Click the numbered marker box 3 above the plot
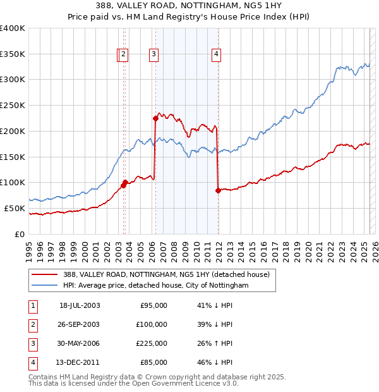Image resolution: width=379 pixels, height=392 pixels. (x=153, y=55)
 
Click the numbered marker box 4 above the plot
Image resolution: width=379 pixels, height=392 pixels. (x=216, y=55)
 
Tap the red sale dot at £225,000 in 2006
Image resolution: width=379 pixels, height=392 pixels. (x=155, y=118)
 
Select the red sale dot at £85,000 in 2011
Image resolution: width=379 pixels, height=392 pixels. (x=218, y=190)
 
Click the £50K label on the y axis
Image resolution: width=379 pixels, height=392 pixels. (x=15, y=208)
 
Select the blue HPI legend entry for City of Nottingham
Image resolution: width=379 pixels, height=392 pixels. (x=155, y=286)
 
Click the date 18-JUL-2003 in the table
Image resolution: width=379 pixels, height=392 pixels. (x=80, y=305)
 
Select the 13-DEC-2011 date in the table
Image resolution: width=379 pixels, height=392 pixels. (x=80, y=362)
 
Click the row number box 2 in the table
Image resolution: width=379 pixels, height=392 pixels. (x=32, y=324)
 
